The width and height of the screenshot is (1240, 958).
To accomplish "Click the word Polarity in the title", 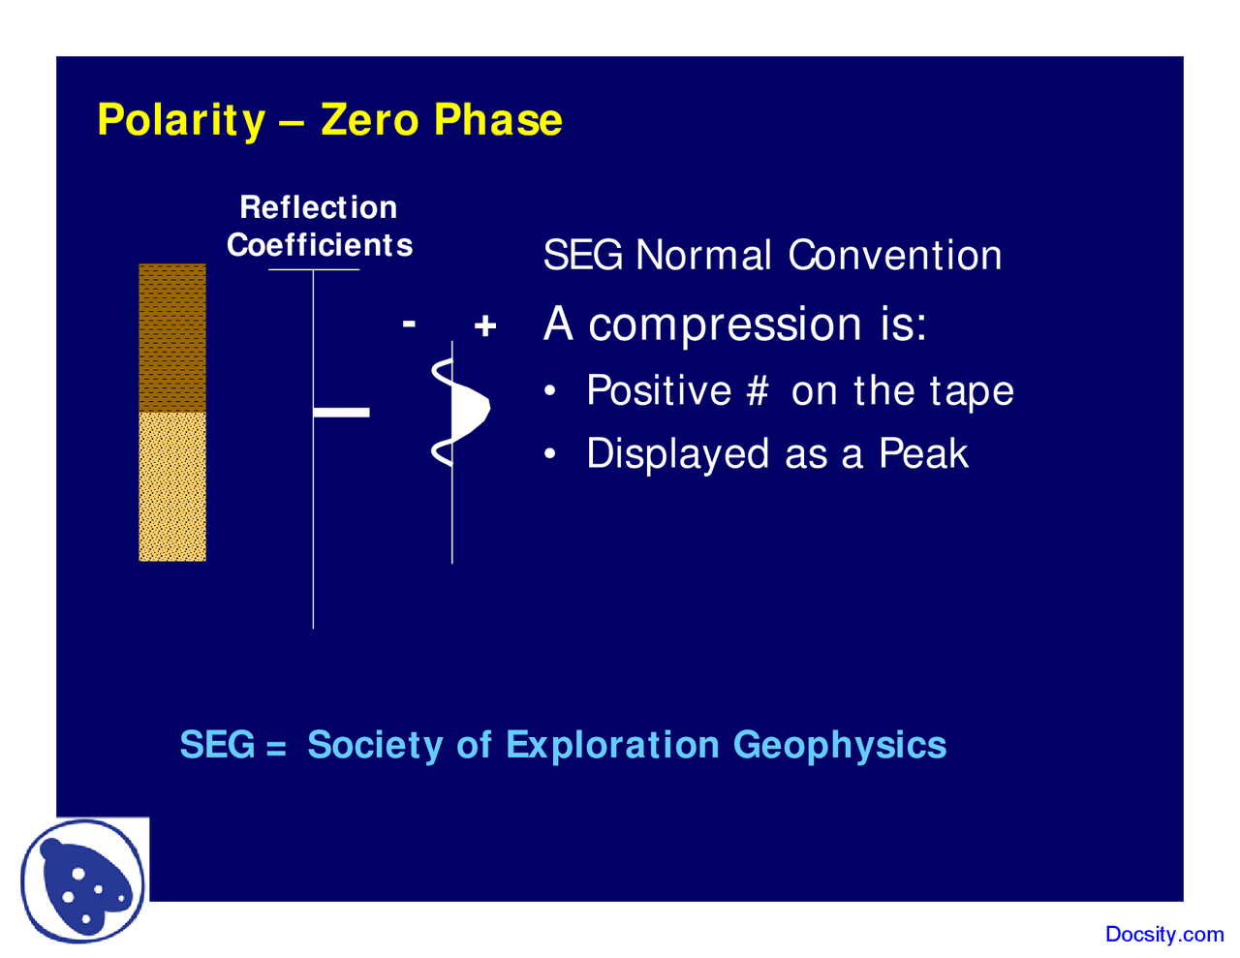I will coord(181,120).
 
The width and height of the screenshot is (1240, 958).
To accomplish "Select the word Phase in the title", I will coord(498,120).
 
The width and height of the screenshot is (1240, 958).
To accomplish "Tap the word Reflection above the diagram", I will coord(318,207).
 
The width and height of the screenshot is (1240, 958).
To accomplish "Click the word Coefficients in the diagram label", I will coord(320,245).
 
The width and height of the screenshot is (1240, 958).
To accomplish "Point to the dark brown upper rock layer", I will coord(172,337).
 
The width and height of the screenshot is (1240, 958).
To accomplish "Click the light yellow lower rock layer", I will coord(172,486).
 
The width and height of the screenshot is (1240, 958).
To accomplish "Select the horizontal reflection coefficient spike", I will coord(341,413).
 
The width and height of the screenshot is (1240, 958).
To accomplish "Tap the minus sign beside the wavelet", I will coord(409,324).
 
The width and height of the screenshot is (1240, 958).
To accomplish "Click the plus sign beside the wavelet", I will coord(485,325).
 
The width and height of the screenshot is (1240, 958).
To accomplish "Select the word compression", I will coord(725,324).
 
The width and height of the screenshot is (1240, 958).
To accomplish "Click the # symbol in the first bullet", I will coord(757,391).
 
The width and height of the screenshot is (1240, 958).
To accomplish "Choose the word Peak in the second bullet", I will coord(922,454).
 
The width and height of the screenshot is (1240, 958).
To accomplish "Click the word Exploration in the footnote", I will coord(612,745).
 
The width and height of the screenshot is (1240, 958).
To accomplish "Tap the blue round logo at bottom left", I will coord(84,881).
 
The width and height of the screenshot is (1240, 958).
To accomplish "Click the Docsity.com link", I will coord(1163,935).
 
